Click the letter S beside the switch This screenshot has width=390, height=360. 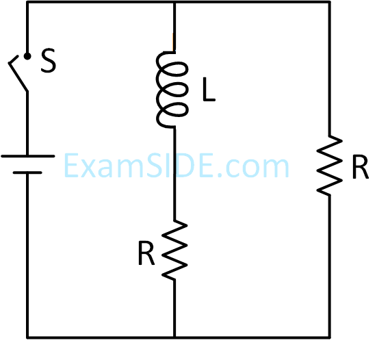click(x=49, y=61)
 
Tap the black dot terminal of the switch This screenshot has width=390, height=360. click(x=27, y=57)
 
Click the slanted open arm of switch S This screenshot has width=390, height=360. click(x=18, y=74)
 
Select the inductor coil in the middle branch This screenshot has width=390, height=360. click(x=172, y=90)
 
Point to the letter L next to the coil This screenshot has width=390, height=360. click(x=209, y=89)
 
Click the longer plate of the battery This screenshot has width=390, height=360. click(x=28, y=156)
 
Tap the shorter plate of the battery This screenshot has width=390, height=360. click(x=27, y=172)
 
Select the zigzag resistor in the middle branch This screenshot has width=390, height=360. click(x=174, y=250)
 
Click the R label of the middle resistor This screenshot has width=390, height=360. click(x=146, y=253)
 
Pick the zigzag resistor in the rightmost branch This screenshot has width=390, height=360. click(x=330, y=166)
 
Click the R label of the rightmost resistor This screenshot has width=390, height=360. click(x=361, y=167)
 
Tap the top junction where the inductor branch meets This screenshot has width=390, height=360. click(x=174, y=2)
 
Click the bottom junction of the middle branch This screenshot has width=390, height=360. click(x=174, y=337)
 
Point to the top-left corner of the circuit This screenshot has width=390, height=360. click(x=27, y=2)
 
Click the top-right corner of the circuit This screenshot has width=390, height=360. click(x=330, y=2)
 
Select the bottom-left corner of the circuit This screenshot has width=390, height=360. click(x=27, y=337)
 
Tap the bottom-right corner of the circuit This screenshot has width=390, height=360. click(x=330, y=337)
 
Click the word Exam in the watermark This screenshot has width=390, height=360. click(x=105, y=166)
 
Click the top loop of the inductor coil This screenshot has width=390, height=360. click(x=174, y=69)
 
